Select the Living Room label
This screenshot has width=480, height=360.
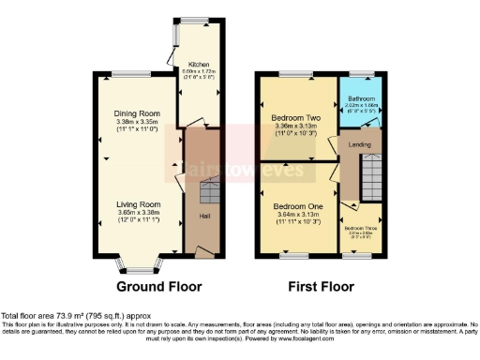[x=139, y=204]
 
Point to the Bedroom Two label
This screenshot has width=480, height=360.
[x=297, y=117]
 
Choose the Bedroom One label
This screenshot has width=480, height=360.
[x=297, y=206]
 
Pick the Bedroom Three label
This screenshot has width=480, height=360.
[x=361, y=228]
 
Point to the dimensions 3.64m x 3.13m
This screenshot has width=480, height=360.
[x=297, y=214]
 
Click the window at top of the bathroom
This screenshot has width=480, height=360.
[x=361, y=74]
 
